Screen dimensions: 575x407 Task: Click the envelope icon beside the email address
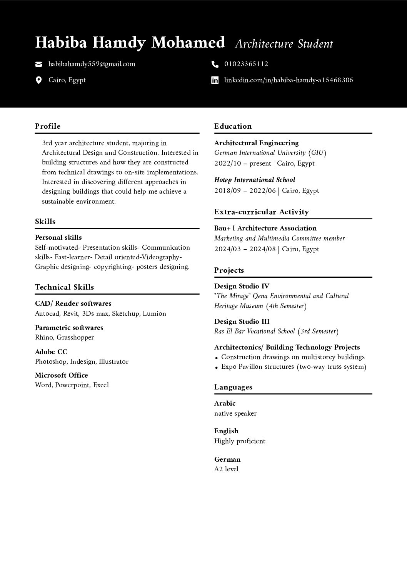pyautogui.click(x=38, y=64)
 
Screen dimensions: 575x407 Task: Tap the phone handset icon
pyautogui.click(x=215, y=64)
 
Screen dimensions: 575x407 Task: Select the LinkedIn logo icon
pyautogui.click(x=215, y=80)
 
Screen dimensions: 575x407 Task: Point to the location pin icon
pyautogui.click(x=38, y=80)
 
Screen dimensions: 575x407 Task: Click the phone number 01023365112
pyautogui.click(x=246, y=64)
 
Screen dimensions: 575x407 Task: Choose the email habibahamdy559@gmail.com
pyautogui.click(x=92, y=64)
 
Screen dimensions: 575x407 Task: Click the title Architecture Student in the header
pyautogui.click(x=284, y=44)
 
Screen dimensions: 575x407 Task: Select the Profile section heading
pyautogui.click(x=48, y=126)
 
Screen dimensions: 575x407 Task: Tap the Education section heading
pyautogui.click(x=233, y=126)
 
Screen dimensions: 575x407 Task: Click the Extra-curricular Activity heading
pyautogui.click(x=262, y=212)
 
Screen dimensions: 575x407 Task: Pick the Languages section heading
pyautogui.click(x=233, y=387)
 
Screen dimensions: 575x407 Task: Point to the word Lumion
pyautogui.click(x=154, y=314)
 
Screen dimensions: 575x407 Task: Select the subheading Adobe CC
pyautogui.click(x=51, y=352)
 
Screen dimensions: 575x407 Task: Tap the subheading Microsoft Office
pyautogui.click(x=62, y=375)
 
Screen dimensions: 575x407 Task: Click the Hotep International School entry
pyautogui.click(x=255, y=180)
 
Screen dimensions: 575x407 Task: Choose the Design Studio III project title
pyautogui.click(x=242, y=321)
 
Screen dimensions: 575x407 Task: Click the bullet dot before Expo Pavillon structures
pyautogui.click(x=217, y=368)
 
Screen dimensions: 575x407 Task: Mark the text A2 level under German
pyautogui.click(x=226, y=469)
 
